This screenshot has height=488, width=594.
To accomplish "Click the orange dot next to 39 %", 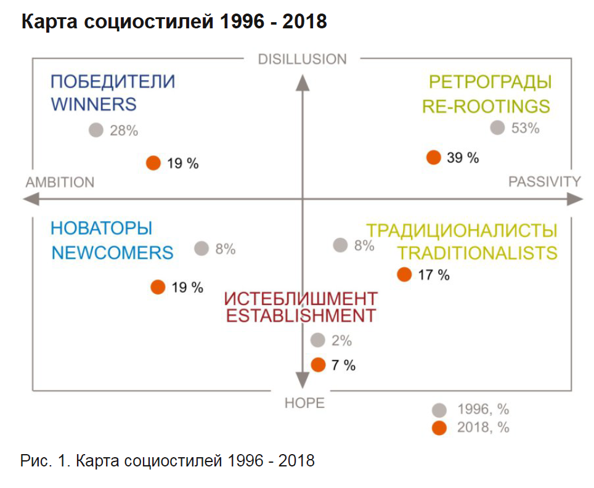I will point(434,157).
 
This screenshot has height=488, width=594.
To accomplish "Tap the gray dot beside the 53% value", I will point(497,128).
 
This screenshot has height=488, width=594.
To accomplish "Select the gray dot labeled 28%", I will point(96,130).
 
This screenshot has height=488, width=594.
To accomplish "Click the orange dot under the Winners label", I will point(153,163).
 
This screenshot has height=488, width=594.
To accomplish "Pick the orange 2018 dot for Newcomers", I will point(158,287).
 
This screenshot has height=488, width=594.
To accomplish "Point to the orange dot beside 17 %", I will point(404,275).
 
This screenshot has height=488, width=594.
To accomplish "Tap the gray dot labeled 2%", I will point(318,340).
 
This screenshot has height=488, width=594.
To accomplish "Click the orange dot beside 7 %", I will point(318,365).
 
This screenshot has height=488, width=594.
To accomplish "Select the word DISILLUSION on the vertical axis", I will point(302,59).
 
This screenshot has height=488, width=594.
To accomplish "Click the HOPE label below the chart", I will point(304,403).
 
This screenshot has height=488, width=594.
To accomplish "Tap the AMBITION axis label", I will point(60,182).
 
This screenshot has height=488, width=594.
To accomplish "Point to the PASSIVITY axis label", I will point(545,182).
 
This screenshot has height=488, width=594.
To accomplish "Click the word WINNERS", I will point(94,104).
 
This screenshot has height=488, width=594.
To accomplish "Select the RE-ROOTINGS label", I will point(486,106).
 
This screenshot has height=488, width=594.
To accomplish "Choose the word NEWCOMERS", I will point(112,253).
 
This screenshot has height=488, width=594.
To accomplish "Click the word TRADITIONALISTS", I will point(477,253).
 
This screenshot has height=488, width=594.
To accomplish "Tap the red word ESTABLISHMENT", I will point(301,316).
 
